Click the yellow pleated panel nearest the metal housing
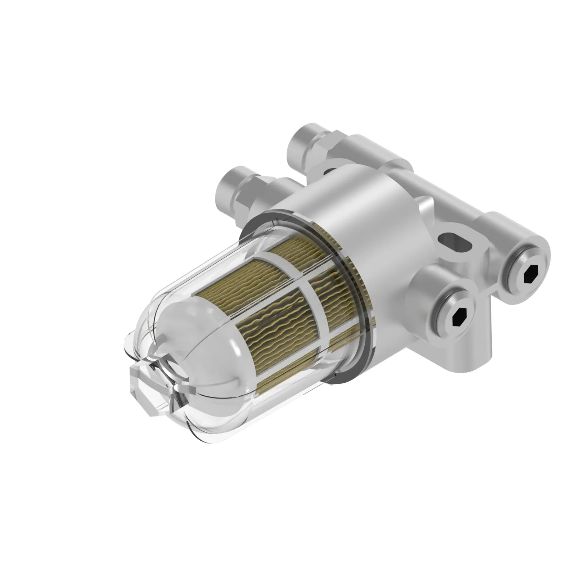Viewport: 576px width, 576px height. click(x=338, y=284)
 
